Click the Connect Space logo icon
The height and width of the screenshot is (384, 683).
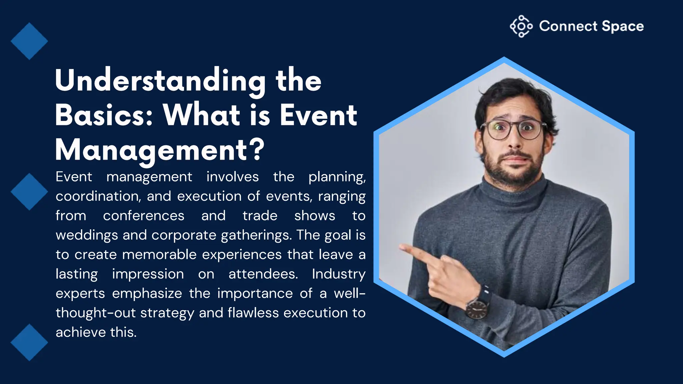coord(521,26)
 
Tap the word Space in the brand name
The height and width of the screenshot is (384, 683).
coord(623,26)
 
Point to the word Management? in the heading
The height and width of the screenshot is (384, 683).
coord(160,150)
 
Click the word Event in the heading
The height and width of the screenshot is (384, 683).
coord(318,115)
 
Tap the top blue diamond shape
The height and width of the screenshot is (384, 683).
coord(29,41)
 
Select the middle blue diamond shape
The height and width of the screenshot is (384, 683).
coord(29,192)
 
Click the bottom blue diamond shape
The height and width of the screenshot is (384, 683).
coord(29,342)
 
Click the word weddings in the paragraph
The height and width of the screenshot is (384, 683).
coord(87,235)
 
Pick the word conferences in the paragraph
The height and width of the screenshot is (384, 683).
coord(143,216)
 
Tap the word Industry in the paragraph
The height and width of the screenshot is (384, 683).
coord(338,274)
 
